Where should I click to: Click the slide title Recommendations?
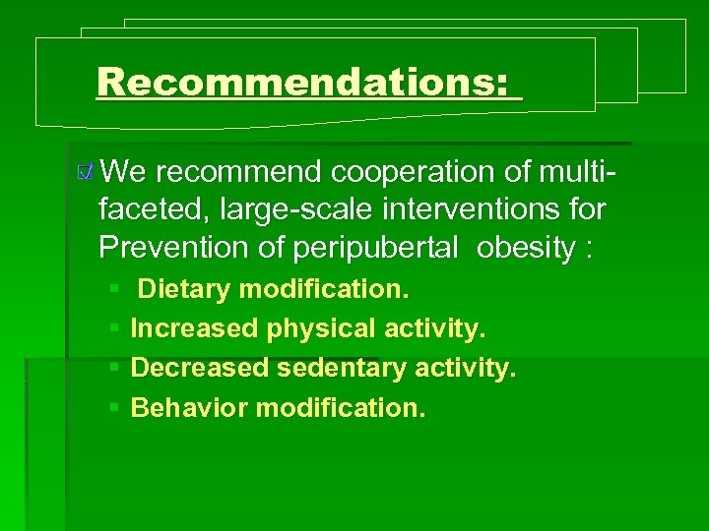(x=308, y=82)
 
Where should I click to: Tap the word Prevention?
(x=168, y=248)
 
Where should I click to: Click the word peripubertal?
(x=375, y=249)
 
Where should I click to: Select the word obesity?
(x=525, y=249)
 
